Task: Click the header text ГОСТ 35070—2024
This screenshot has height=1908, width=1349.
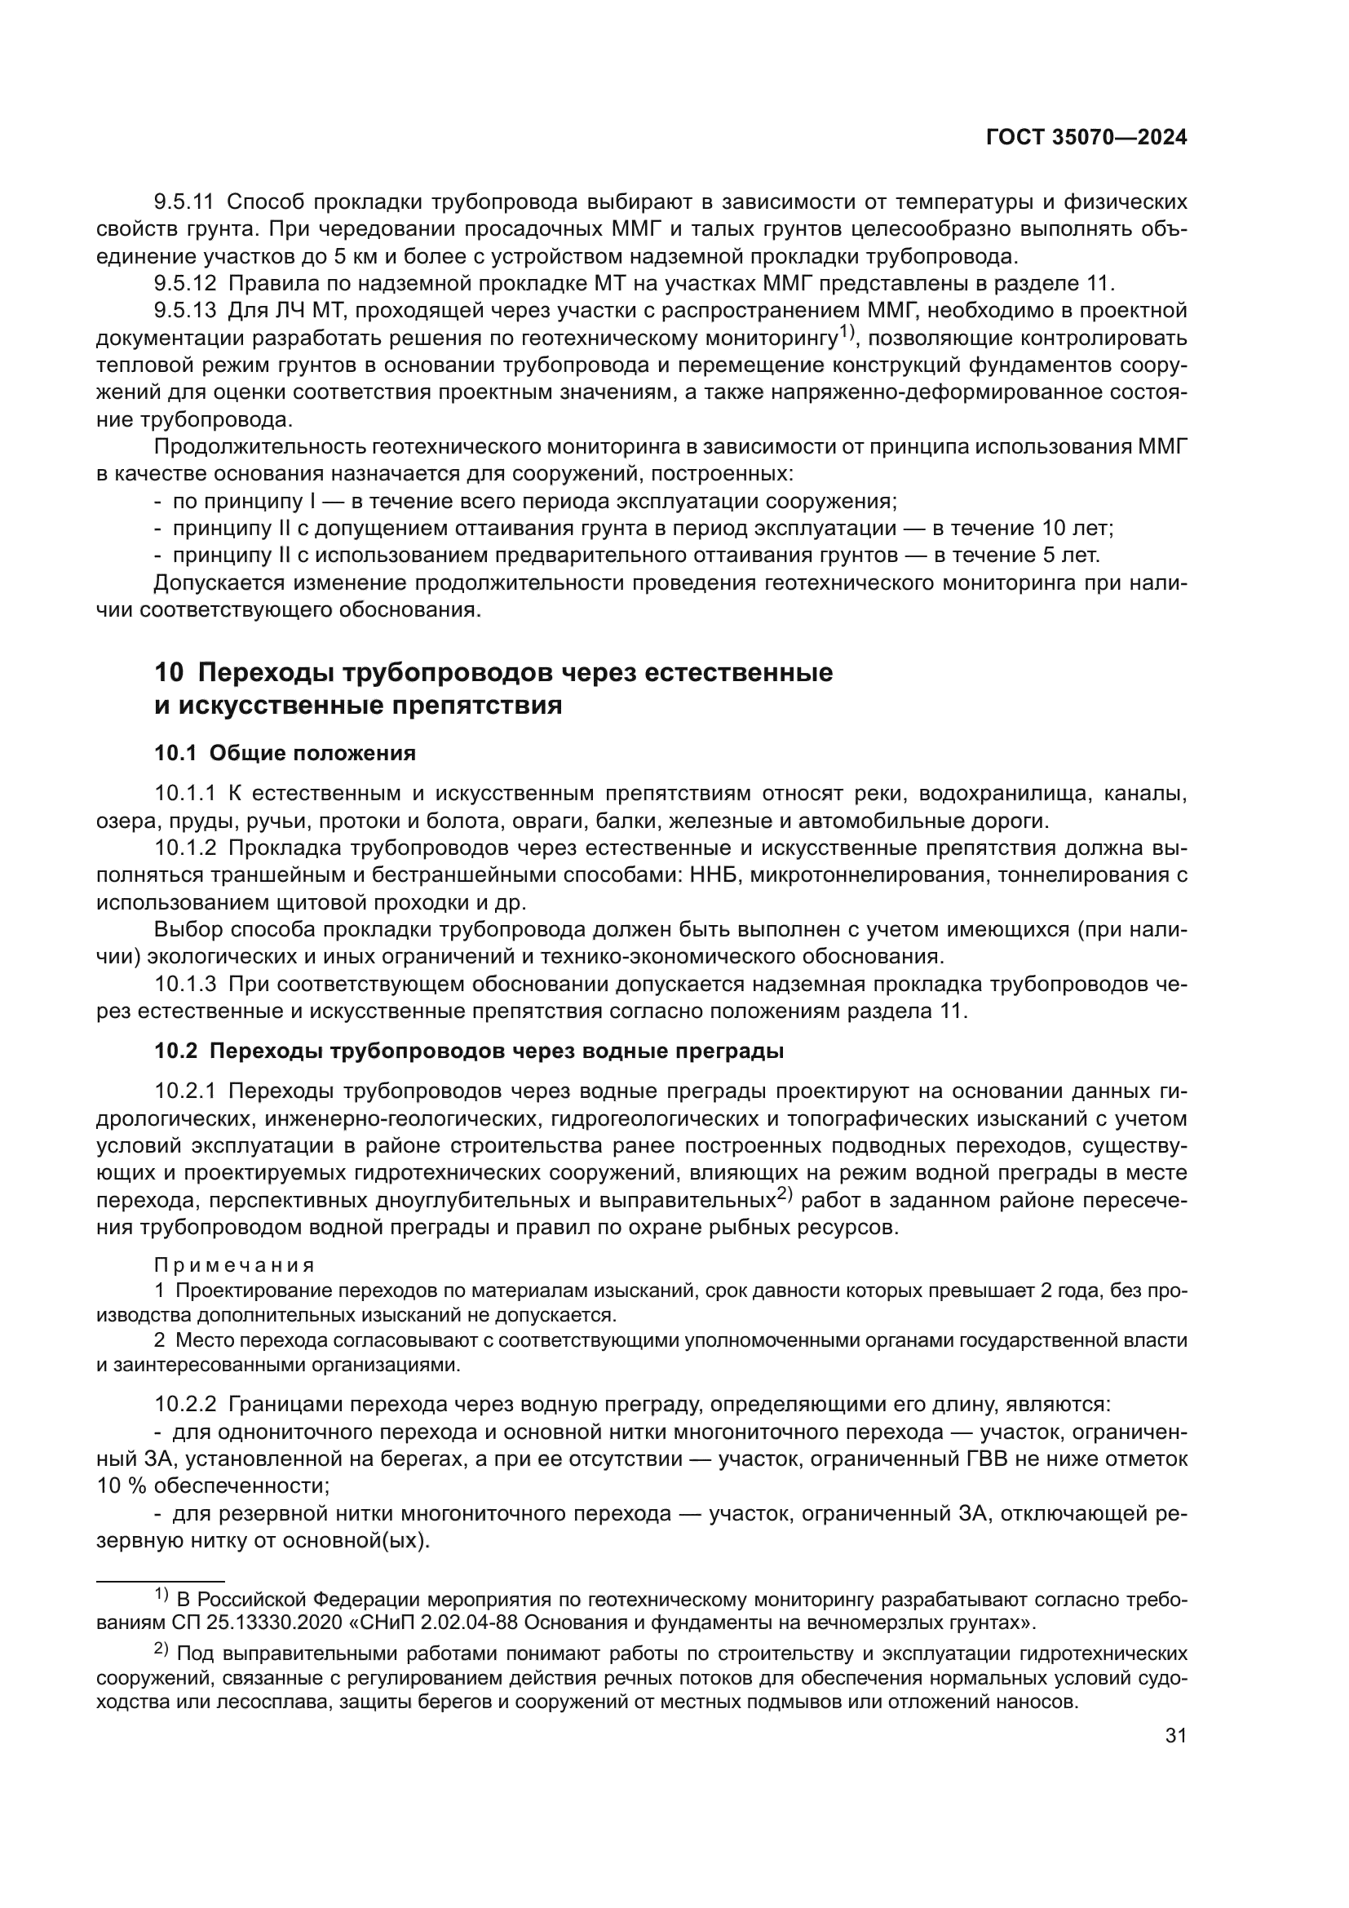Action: point(1086,138)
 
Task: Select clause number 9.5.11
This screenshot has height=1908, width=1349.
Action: point(184,202)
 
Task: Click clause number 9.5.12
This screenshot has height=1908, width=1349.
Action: point(184,283)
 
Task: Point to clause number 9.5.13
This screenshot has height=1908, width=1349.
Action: point(184,311)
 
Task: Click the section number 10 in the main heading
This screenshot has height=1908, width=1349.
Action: point(167,672)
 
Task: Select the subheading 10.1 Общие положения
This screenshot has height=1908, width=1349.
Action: point(284,753)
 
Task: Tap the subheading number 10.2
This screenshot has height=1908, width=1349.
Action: point(175,1051)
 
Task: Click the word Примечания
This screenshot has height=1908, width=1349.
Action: point(234,1266)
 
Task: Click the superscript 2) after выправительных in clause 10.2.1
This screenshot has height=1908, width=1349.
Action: point(785,1195)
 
